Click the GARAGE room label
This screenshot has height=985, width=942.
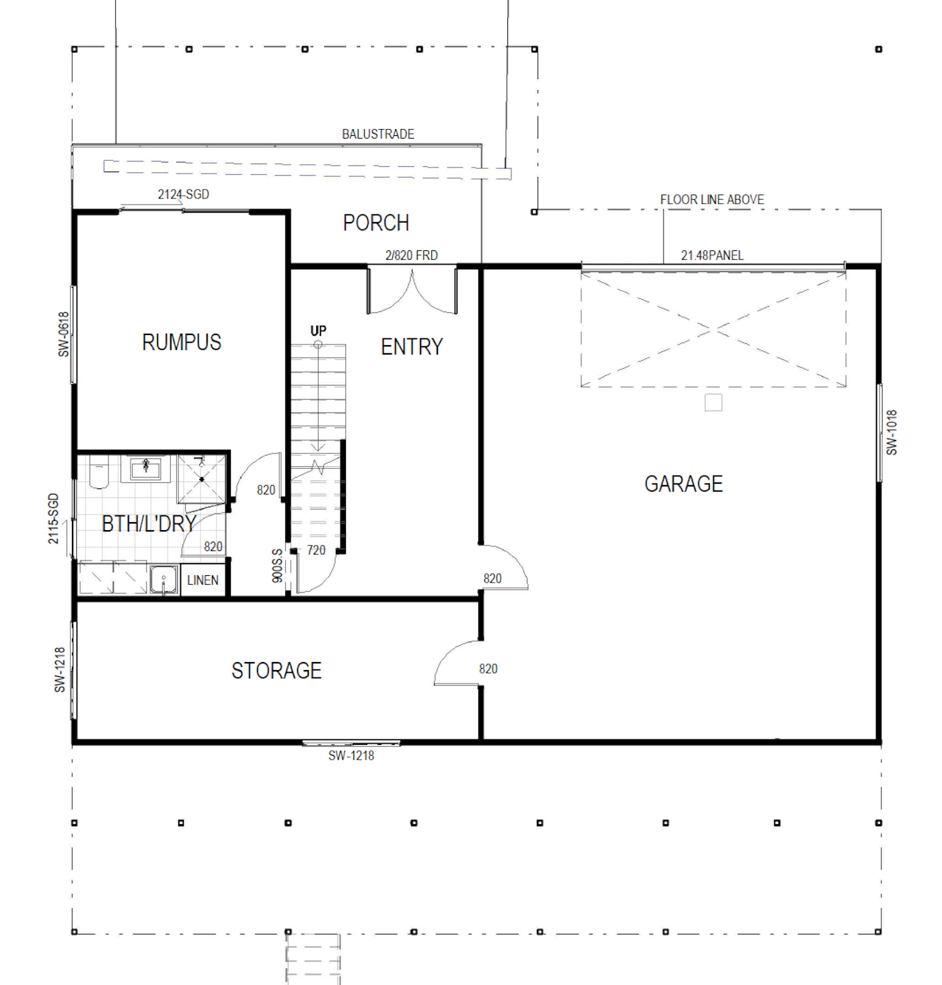point(683,484)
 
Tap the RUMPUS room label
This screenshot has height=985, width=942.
point(181,342)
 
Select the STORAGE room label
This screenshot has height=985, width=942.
point(277,671)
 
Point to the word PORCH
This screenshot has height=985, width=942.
point(375,223)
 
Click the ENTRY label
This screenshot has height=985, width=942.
point(412,346)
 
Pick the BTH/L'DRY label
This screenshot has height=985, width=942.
point(149,524)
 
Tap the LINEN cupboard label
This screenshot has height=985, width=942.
point(203,580)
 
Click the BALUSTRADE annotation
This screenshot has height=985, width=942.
point(377,134)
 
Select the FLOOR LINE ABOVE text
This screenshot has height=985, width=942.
point(712,199)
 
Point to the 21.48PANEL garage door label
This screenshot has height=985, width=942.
point(712,255)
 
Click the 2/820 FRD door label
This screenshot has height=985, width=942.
point(411,255)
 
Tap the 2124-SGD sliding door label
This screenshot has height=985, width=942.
point(183,194)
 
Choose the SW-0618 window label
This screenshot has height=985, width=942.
point(63,334)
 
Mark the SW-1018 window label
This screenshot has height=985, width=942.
point(892,432)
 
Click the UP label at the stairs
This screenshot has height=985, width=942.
point(318,330)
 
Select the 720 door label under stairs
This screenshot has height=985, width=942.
point(316,550)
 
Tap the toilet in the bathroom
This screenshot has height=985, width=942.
point(99,472)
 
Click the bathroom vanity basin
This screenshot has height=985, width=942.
point(146,468)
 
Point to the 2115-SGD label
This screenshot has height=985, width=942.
point(53,518)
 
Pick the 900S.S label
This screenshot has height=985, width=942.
point(277,565)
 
